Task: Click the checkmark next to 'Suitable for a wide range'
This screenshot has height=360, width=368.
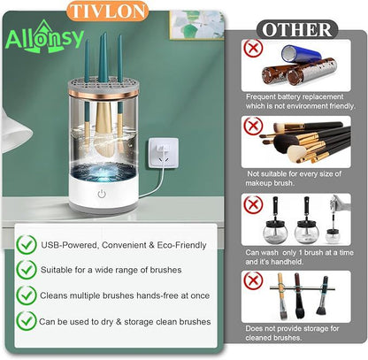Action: pyautogui.click(x=27, y=270)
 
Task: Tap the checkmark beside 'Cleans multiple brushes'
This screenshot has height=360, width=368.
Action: pyautogui.click(x=27, y=295)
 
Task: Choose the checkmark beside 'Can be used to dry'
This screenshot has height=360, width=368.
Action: pyautogui.click(x=27, y=322)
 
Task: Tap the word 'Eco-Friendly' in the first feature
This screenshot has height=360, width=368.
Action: pyautogui.click(x=182, y=245)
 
